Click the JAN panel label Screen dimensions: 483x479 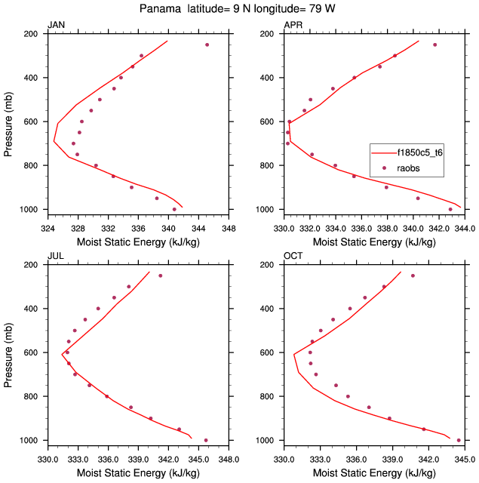click(x=56, y=25)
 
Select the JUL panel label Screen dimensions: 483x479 click(x=55, y=256)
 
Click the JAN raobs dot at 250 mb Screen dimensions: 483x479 click(x=207, y=45)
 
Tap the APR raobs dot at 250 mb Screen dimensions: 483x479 click(x=434, y=45)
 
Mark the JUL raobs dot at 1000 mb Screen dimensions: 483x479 click(x=206, y=440)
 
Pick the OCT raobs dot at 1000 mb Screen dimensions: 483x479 click(x=459, y=440)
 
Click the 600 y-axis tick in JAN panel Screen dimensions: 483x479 click(x=32, y=122)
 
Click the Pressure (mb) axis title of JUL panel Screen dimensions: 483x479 click(x=8, y=352)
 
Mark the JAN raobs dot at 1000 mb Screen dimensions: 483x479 click(x=174, y=209)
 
